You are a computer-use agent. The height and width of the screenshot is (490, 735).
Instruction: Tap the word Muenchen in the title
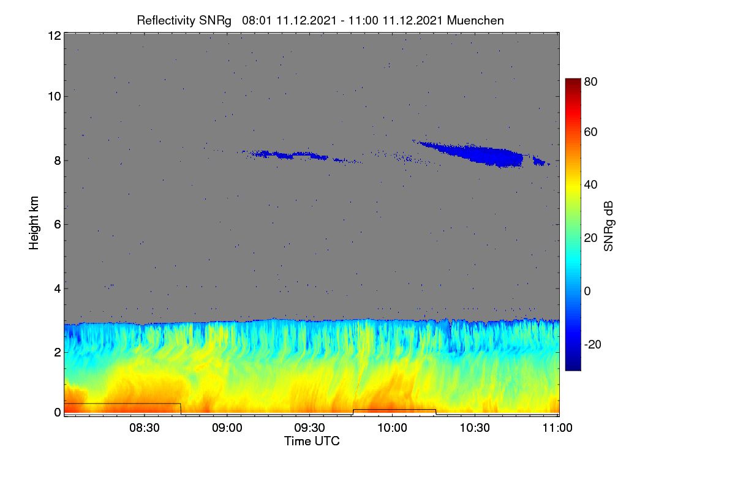pos(475,21)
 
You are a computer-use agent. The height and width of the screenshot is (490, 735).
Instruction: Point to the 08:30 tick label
pos(145,428)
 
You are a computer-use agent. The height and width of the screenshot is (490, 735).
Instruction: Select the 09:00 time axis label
pos(227,428)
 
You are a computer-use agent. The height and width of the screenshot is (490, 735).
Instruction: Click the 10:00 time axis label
pos(392,428)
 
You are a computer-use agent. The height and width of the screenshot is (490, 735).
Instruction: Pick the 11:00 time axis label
pos(557,428)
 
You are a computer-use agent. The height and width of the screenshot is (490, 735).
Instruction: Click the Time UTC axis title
pos(312,441)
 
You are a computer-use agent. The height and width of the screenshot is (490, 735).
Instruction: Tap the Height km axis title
pos(34,223)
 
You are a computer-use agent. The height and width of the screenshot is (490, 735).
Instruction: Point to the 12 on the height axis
pos(55,36)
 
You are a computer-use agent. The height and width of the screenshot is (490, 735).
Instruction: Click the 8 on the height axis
pos(58,161)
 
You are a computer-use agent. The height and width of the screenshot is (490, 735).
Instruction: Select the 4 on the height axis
pos(58,289)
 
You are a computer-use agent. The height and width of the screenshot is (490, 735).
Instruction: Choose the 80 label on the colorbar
pos(590,81)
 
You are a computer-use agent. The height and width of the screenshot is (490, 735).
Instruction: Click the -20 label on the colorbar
pos(593,344)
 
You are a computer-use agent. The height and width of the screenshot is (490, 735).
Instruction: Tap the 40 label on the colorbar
pos(590,185)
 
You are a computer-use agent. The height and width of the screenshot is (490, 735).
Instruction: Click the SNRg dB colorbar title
pos(608,226)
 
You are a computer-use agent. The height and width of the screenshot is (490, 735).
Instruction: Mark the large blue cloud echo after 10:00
pos(483,154)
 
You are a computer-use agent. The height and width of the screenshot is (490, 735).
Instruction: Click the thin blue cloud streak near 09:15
pos(285,155)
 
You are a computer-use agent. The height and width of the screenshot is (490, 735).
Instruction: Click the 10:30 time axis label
pos(475,428)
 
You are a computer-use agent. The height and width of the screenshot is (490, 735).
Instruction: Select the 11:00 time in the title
pos(363,21)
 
